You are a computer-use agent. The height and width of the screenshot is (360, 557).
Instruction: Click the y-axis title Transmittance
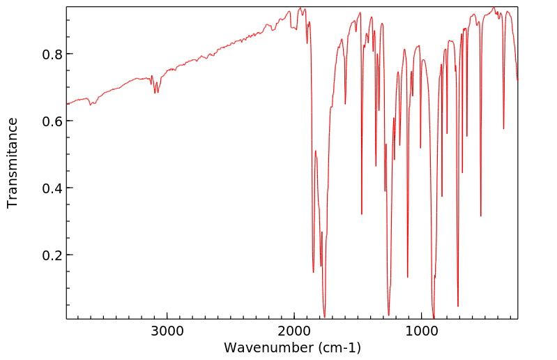pyautogui.click(x=13, y=163)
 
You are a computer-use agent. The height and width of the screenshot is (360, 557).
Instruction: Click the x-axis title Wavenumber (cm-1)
pyautogui.click(x=292, y=347)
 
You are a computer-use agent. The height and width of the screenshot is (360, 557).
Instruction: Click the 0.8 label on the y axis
pyautogui.click(x=49, y=54)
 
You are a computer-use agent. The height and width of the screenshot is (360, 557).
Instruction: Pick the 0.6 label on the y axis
pyautogui.click(x=49, y=121)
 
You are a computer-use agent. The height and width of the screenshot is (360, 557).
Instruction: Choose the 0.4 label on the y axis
pyautogui.click(x=49, y=188)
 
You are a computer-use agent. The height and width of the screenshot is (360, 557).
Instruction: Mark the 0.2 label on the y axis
pyautogui.click(x=49, y=255)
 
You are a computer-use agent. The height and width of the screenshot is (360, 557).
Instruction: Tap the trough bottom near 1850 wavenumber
pyautogui.click(x=313, y=272)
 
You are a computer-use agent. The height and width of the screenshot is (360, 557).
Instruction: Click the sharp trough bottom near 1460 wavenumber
pyautogui.click(x=362, y=214)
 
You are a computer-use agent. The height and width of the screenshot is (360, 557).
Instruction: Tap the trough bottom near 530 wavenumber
pyautogui.click(x=480, y=216)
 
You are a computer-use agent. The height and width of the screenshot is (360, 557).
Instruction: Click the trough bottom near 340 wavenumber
pyautogui.click(x=503, y=129)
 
